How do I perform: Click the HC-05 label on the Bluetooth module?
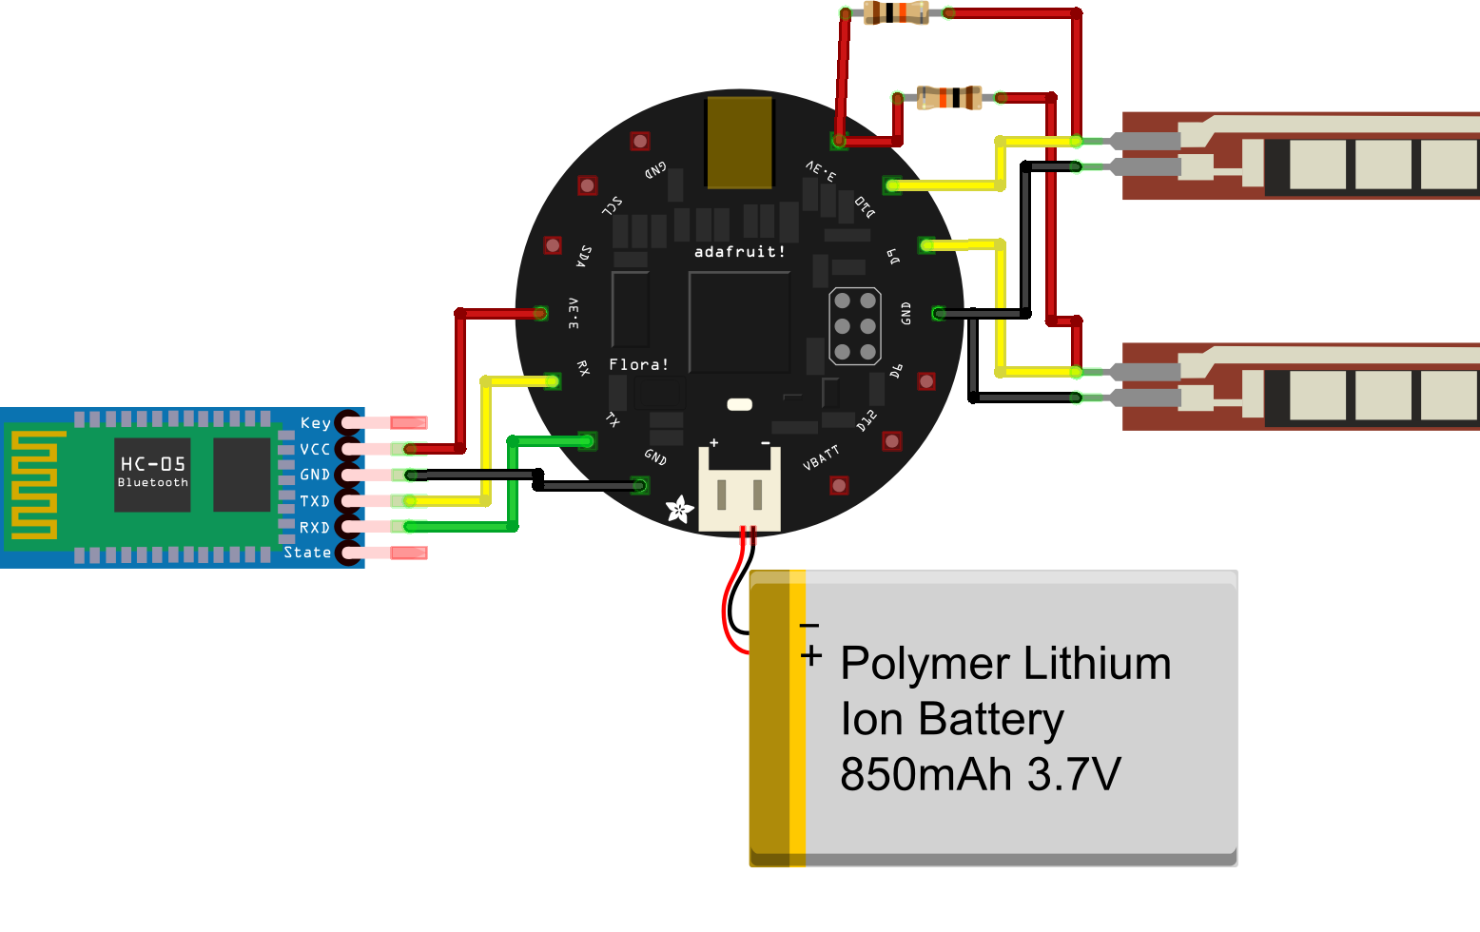(152, 464)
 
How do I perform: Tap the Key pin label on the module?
(315, 423)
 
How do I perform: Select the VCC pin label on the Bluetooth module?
(315, 449)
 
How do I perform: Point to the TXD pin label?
(315, 501)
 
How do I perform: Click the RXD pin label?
(315, 528)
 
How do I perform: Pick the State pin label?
(307, 553)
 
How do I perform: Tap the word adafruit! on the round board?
(739, 252)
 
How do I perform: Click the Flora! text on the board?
(638, 365)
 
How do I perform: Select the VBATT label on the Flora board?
(821, 457)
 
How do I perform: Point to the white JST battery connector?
(739, 491)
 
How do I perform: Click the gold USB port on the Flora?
(739, 143)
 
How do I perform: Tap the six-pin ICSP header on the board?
(854, 326)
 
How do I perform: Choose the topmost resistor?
(895, 13)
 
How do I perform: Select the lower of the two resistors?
(948, 97)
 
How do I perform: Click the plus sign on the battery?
(811, 656)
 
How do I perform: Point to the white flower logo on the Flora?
(679, 510)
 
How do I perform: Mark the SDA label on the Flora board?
(584, 256)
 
